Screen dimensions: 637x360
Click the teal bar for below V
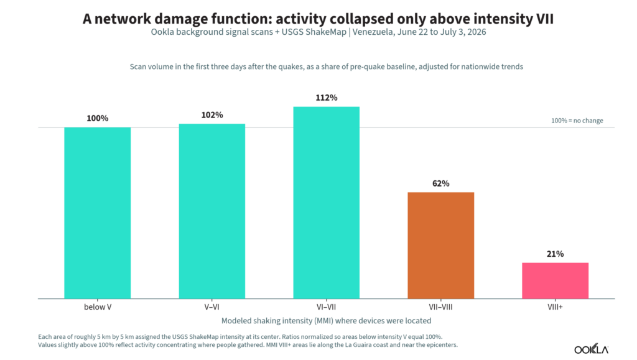point(98,213)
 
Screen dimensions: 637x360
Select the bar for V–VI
point(212,211)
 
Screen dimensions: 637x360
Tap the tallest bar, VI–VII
point(327,203)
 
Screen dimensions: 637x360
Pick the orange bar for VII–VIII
point(441,246)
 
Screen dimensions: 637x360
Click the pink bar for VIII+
point(556,281)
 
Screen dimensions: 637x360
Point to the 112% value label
point(327,98)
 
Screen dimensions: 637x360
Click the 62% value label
point(441,183)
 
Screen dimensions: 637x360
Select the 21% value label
point(556,254)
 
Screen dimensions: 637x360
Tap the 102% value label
point(212,115)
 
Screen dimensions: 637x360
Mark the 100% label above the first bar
point(98,119)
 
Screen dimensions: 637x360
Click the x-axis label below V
point(98,307)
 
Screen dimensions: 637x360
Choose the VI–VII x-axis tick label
point(327,307)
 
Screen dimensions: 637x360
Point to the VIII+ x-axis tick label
point(556,307)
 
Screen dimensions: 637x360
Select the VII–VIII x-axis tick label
point(441,307)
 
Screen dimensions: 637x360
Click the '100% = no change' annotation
point(577,121)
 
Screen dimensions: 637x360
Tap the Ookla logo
point(591,349)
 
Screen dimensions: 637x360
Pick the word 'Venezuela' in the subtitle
point(371,32)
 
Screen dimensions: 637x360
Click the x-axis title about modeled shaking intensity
point(326,321)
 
